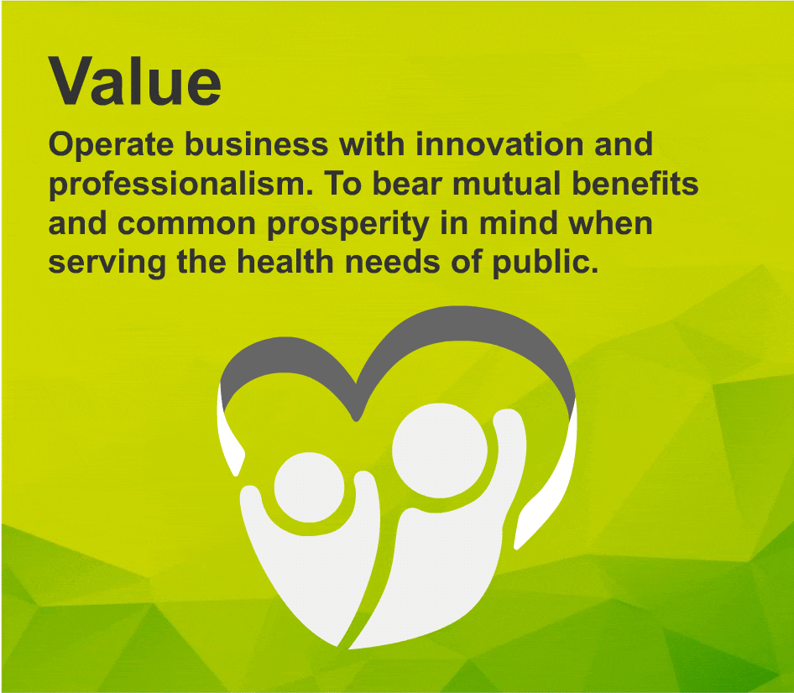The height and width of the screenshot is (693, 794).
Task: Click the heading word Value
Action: click(x=134, y=81)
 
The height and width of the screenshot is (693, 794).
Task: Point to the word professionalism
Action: click(x=180, y=185)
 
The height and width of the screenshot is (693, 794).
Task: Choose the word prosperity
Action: click(x=348, y=225)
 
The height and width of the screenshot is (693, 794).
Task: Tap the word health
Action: click(x=285, y=262)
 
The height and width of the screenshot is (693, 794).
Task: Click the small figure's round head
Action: click(x=310, y=487)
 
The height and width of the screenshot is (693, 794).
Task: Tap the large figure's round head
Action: click(x=440, y=450)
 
